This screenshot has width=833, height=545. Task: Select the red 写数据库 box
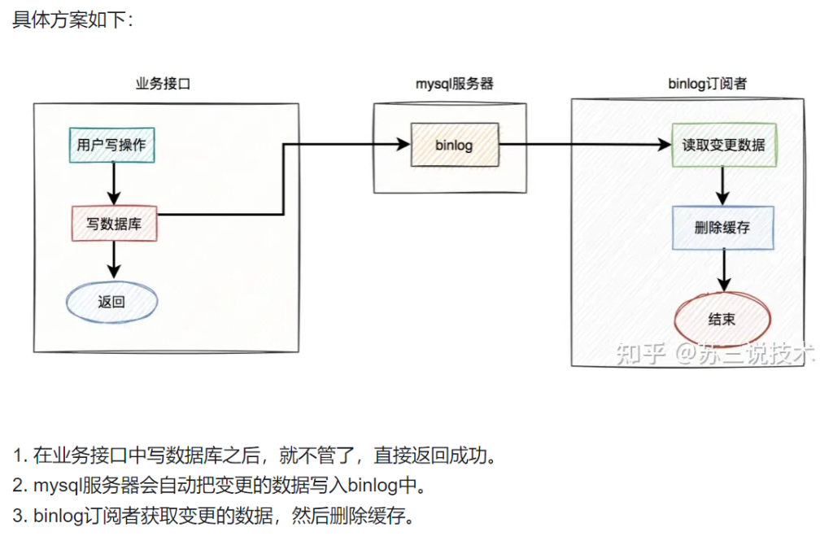[114, 223]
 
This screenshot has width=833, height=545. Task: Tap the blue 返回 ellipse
[111, 302]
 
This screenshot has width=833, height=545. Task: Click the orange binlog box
[454, 146]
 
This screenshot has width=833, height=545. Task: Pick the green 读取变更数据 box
[723, 146]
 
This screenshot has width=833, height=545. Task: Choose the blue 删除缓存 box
[722, 228]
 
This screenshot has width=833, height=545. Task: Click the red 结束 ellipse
[722, 320]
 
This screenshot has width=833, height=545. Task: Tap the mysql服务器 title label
[455, 84]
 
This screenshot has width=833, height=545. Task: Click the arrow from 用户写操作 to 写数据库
[114, 184]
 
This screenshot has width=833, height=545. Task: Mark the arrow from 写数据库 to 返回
[114, 261]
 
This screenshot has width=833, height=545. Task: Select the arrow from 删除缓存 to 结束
[722, 269]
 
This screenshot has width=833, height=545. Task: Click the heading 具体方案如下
[72, 20]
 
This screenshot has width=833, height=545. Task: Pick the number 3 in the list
[18, 516]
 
